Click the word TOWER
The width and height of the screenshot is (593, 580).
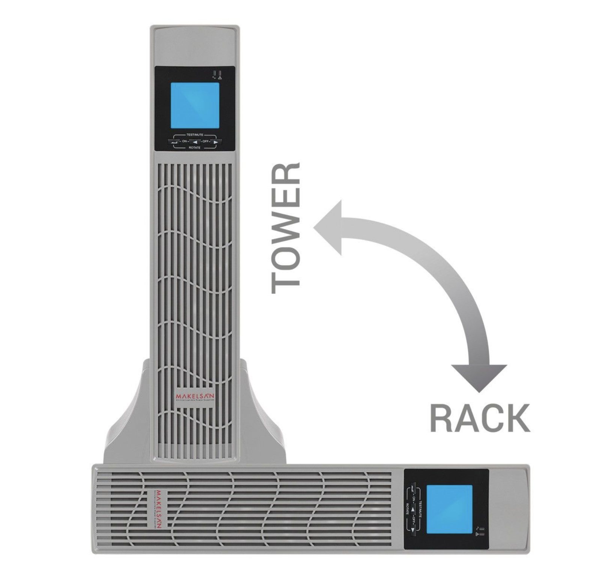286,228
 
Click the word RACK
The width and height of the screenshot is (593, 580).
479,418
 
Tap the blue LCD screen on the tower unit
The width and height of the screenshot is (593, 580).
195,105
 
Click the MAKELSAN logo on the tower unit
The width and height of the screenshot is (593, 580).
194,397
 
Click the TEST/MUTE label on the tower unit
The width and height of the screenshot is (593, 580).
194,134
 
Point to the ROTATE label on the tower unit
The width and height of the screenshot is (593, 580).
194,148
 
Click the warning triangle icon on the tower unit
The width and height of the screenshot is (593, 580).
220,78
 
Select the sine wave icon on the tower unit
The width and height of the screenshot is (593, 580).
214,78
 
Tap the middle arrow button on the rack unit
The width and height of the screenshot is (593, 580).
413,508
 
